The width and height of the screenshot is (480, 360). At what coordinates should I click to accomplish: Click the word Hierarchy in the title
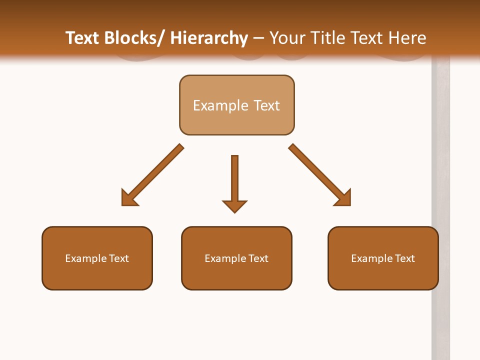[x=209, y=38]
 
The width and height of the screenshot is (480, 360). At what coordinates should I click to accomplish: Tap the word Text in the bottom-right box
[x=405, y=258]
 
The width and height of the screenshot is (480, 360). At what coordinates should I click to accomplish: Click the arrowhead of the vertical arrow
[x=234, y=206]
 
